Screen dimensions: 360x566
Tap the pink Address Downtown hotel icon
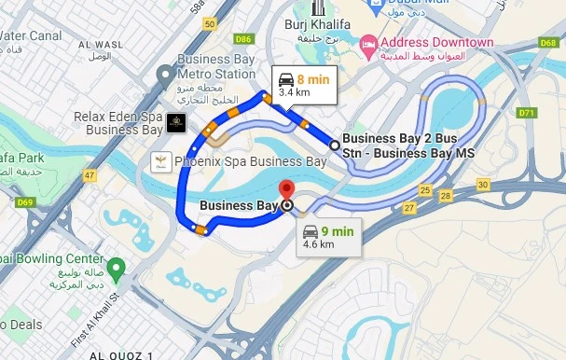pos(369,44)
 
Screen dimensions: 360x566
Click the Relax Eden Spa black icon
pos(175,123)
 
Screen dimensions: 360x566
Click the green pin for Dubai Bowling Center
pos(116,270)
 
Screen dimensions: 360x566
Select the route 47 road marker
pos(90,175)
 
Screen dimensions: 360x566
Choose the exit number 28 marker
pos(446,196)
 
